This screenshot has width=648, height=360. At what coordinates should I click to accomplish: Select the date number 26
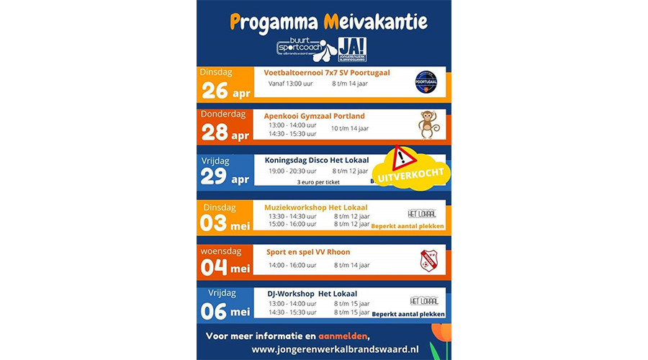215,91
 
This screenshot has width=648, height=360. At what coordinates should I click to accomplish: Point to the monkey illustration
428,124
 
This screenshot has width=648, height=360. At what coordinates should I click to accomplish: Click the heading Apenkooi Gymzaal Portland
315,116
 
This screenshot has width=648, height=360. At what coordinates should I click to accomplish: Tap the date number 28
215,133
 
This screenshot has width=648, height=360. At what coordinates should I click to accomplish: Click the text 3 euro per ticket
318,183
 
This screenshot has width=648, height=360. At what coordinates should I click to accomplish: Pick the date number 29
215,176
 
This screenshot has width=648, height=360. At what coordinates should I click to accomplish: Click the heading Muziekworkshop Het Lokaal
316,207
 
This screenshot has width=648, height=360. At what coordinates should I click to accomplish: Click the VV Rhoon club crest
428,259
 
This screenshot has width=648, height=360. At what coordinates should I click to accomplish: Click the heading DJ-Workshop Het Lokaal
312,293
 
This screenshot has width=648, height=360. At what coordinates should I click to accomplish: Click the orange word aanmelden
341,336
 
